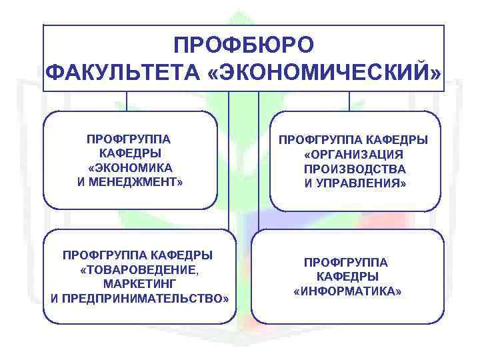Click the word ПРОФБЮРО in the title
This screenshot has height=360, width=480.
(243, 45)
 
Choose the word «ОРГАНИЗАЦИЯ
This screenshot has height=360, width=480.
(354, 155)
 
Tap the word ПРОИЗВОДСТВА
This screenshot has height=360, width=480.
(354, 169)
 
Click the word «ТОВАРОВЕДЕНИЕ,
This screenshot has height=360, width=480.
(139, 269)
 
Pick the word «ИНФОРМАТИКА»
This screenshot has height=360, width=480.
(347, 291)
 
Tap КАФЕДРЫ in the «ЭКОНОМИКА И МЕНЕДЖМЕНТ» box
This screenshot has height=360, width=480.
(130, 153)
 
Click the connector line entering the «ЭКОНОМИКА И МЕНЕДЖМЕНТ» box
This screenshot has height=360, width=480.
(127, 101)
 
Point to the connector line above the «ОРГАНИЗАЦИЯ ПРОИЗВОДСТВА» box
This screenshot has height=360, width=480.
(349, 101)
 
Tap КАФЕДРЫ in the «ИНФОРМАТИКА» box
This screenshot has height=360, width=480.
(347, 277)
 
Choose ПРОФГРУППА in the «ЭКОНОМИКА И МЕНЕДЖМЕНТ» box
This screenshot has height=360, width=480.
(130, 139)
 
